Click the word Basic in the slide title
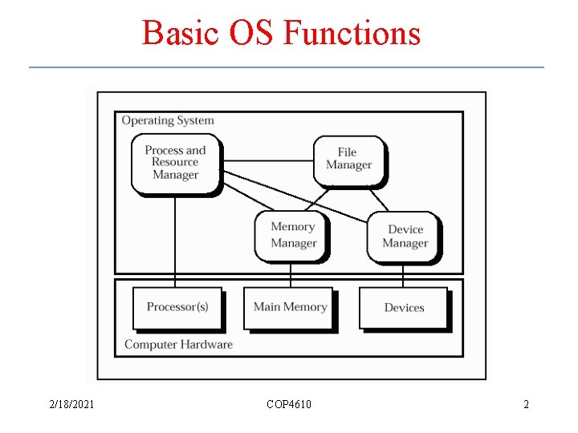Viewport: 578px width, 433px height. [x=170, y=34]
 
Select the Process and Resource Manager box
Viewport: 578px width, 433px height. [x=175, y=163]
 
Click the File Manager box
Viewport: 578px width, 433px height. [x=348, y=159]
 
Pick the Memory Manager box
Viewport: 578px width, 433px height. [x=292, y=235]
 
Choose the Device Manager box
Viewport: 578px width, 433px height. [x=405, y=237]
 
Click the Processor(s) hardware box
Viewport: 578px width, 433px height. [x=177, y=307]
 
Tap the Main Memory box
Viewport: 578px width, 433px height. [x=289, y=307]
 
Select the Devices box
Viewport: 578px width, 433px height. [x=403, y=308]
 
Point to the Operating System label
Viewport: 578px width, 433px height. [x=168, y=121]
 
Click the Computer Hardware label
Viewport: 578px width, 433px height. [x=178, y=345]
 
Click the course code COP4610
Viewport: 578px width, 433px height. [x=289, y=404]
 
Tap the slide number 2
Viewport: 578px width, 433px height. [x=526, y=404]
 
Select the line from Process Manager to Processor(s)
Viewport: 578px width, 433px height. [x=175, y=241]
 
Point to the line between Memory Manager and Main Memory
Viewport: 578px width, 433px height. [x=291, y=273]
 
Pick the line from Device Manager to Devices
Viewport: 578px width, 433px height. [x=403, y=274]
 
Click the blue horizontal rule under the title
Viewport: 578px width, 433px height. [x=287, y=67]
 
